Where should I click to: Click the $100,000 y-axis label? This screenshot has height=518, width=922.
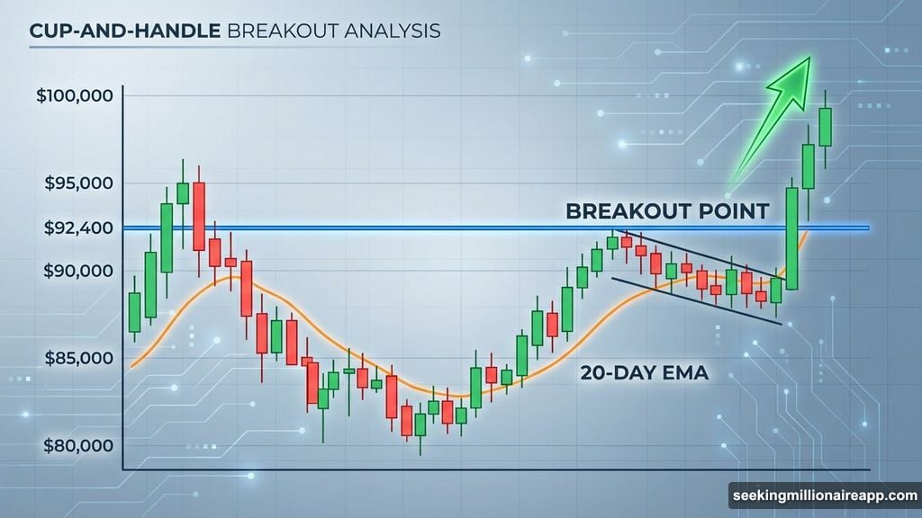(74, 95)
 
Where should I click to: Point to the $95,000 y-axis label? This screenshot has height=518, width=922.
(77, 183)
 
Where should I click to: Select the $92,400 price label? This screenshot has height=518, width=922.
(77, 228)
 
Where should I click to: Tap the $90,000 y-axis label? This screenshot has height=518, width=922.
(77, 271)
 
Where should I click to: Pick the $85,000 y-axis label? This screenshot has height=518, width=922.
(77, 358)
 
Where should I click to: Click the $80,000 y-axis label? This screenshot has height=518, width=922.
(77, 445)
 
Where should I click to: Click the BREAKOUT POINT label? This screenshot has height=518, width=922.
(666, 211)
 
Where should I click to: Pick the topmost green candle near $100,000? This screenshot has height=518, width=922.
(825, 126)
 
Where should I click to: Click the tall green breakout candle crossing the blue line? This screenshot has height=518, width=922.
(792, 237)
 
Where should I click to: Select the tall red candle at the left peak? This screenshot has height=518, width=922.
(199, 216)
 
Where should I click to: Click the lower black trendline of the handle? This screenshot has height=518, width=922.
(693, 299)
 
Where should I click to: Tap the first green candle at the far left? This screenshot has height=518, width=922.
(134, 311)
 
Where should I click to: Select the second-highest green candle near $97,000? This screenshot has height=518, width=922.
(809, 166)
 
